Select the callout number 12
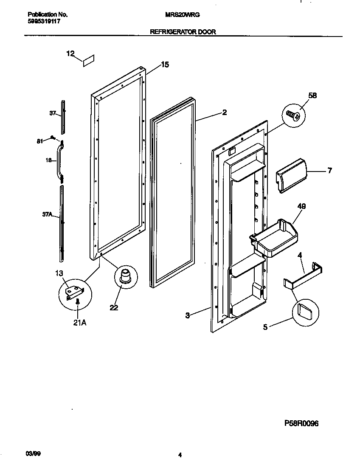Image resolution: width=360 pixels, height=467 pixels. pos(70,53)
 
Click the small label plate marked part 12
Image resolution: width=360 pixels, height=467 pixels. pos(88,60)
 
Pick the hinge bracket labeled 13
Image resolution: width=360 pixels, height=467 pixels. pos(75,292)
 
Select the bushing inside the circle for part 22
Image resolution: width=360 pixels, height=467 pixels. pos(126,276)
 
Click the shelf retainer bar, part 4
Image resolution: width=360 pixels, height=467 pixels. pos(302,277)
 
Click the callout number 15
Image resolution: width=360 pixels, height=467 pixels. pos(165,65)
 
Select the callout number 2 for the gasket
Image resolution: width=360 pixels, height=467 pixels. pos(224,113)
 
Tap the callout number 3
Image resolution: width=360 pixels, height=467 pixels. pos(187,315)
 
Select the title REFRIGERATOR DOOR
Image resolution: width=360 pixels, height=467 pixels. pos(183,32)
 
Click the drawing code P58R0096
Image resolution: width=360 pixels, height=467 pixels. pos(301,423)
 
